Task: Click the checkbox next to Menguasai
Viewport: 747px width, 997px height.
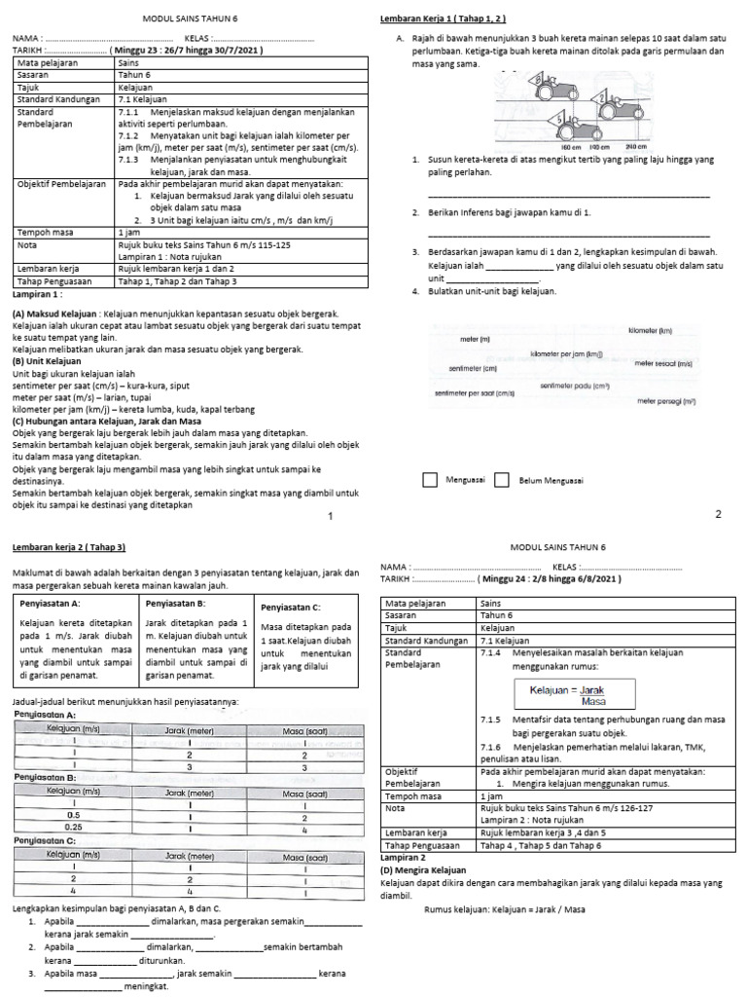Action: tap(430, 480)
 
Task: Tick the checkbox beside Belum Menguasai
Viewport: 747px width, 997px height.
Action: tap(502, 480)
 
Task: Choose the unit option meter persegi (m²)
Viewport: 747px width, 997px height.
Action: tap(666, 400)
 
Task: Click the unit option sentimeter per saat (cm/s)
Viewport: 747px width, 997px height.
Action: tap(474, 392)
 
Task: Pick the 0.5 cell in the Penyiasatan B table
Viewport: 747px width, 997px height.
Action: tap(74, 815)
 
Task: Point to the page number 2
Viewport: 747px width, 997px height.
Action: tap(718, 514)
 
